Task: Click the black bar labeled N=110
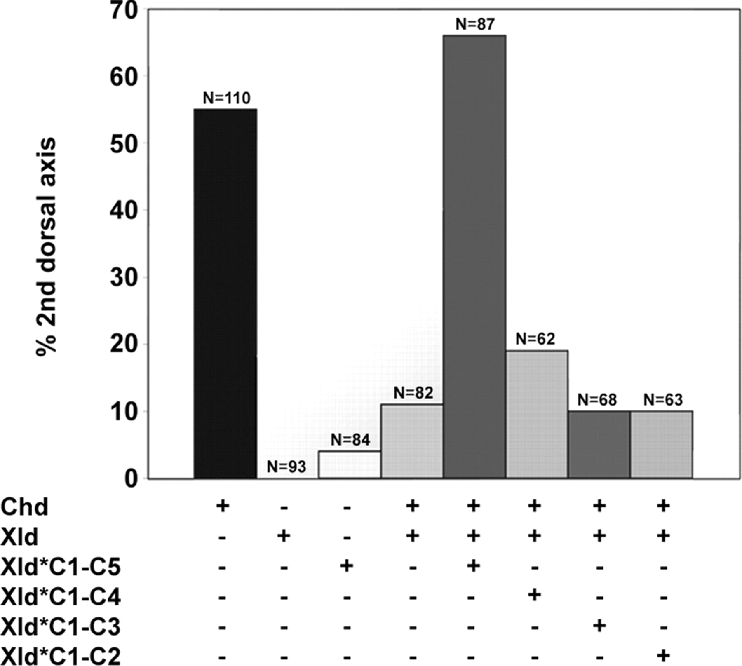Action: pos(225,293)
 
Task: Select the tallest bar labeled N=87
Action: pos(474,257)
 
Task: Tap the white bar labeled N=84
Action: pos(350,464)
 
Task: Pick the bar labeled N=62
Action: pos(537,414)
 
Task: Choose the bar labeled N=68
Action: pos(599,445)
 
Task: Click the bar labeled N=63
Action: pos(662,445)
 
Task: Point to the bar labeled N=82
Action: pos(412,441)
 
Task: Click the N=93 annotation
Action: pos(286,467)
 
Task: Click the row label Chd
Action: pos(25,507)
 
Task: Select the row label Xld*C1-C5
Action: pos(61,567)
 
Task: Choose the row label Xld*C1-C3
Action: pos(61,627)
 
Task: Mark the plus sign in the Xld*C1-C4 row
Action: pos(535,595)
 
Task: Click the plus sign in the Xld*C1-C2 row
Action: pos(663,655)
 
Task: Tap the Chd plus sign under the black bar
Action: pos(223,505)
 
